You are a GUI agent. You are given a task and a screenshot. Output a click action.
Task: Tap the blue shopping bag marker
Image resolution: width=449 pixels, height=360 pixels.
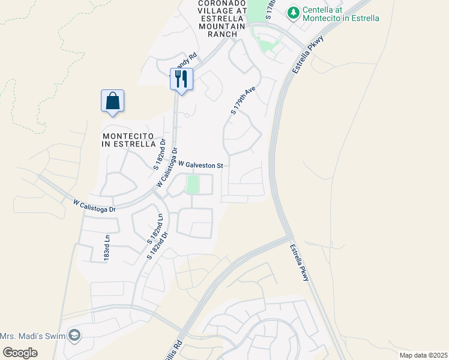click(113, 101)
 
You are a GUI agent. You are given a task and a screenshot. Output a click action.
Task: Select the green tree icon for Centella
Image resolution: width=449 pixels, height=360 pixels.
click(293, 12)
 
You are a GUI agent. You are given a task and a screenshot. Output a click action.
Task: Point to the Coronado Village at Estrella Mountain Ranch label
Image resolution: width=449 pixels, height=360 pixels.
click(222, 19)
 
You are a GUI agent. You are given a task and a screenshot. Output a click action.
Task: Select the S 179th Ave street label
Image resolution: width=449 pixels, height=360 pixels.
click(243, 100)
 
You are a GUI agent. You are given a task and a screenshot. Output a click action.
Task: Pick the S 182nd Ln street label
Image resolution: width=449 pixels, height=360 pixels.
click(155, 228)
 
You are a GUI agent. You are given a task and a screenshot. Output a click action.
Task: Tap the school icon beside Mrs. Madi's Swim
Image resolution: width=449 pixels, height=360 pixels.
click(74, 335)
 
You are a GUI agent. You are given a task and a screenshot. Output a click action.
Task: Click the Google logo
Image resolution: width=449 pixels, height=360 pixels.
click(20, 352)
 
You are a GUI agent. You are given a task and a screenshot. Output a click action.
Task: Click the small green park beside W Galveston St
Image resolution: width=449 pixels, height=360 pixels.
click(193, 184)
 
